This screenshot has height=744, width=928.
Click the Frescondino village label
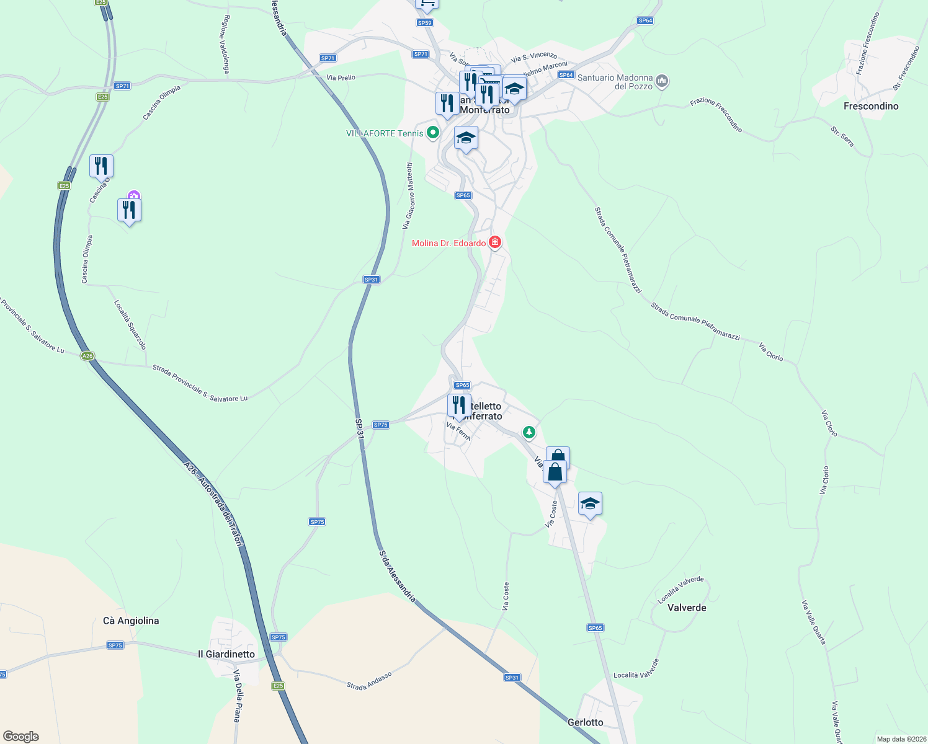pos(871,106)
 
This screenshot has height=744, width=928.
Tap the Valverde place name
pos(687,608)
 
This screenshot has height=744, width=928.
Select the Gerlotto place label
pos(585,722)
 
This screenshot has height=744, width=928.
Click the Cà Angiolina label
pos(131,621)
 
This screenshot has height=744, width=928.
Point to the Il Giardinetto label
pos(226,654)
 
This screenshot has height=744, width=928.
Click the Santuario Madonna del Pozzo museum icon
pos(662,81)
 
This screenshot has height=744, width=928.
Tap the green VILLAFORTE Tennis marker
pos(434,133)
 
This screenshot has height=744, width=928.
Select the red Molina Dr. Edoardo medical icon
pos(495,242)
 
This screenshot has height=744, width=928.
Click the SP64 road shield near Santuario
pos(566,75)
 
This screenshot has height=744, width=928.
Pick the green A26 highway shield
pos(87,356)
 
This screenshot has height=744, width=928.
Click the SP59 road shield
pos(424,23)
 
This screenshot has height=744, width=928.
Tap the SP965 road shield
pos(595,628)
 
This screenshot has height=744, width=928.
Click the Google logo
pos(21,737)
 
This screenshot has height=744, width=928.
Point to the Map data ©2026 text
pos(900,739)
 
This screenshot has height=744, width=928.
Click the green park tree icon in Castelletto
pos(529,432)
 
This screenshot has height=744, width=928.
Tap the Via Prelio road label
pos(341,77)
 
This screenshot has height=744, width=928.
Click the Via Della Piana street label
pos(236,696)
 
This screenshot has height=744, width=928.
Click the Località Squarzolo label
pos(130,325)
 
